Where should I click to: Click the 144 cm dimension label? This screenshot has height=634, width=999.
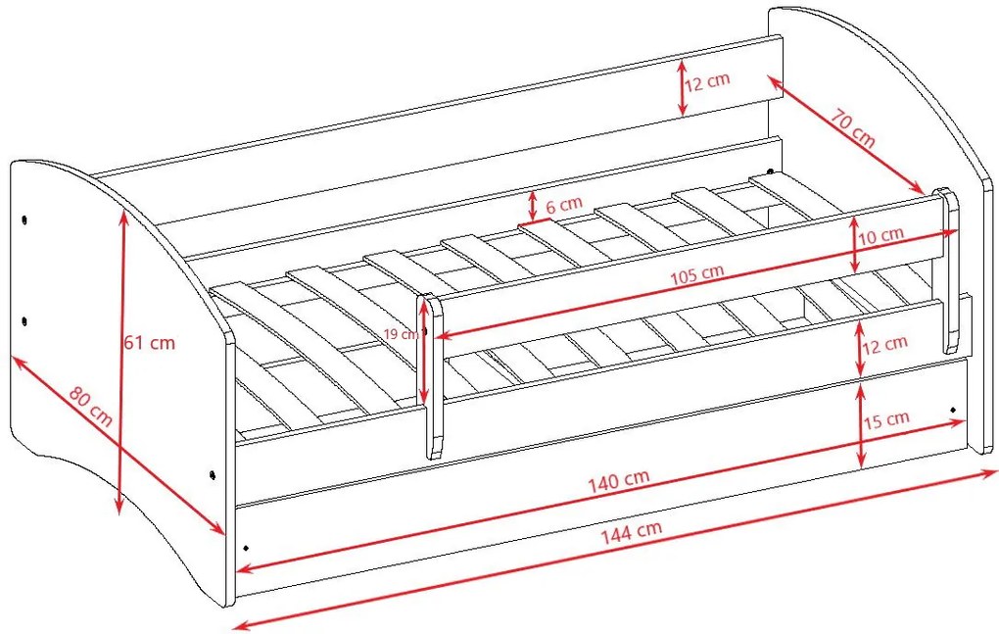tap(632, 530)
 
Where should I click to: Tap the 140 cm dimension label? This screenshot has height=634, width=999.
tap(618, 478)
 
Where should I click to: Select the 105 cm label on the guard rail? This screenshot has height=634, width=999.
tap(697, 274)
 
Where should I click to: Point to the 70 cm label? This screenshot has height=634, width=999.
tap(852, 128)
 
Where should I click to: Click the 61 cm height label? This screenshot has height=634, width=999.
tap(149, 342)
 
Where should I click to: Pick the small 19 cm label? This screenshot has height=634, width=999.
tap(401, 334)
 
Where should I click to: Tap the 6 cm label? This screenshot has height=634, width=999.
tap(564, 205)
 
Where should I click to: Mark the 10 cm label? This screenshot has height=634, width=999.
tap(881, 236)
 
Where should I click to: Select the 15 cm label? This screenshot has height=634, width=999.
tap(885, 419)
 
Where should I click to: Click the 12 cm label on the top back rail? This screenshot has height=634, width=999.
tap(707, 81)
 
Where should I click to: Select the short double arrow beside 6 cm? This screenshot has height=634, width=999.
tap(533, 206)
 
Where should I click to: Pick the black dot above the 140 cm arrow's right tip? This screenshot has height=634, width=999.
tap(953, 409)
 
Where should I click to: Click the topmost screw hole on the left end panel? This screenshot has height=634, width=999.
tap(24, 220)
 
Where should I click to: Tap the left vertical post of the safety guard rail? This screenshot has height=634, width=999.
tap(434, 376)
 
